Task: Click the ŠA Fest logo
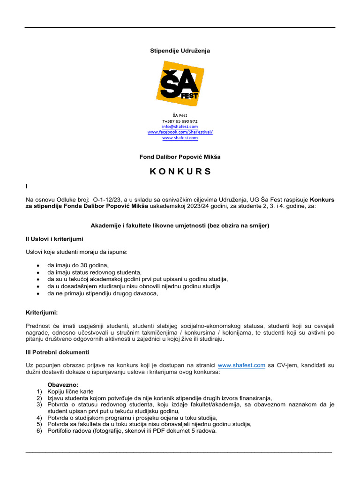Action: point(180,84)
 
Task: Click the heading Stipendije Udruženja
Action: point(180,51)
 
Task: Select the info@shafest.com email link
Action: point(180,127)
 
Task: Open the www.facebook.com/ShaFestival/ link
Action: point(180,132)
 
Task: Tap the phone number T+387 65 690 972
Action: point(180,121)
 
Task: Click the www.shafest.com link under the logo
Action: point(180,138)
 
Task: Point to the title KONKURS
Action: point(180,172)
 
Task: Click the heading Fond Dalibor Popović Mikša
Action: point(180,157)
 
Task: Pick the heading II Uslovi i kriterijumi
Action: point(54,239)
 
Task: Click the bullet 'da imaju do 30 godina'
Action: point(78,265)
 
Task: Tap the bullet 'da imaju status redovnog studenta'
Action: point(94,272)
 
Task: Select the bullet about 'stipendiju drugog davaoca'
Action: point(103,293)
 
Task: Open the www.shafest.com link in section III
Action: point(242,365)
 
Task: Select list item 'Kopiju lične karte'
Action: point(70,391)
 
